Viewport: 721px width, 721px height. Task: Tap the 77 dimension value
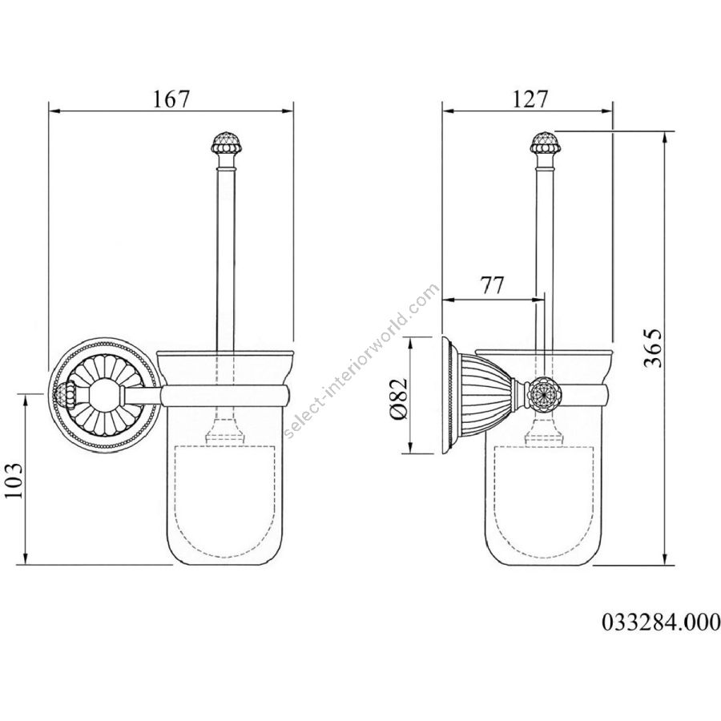click(493, 285)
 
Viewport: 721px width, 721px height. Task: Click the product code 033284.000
click(661, 622)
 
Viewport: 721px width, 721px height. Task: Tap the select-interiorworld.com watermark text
click(361, 361)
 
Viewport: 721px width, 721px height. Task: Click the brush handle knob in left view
click(224, 144)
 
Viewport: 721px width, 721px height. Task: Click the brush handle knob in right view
click(545, 144)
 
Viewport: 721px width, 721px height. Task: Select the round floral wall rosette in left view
click(104, 394)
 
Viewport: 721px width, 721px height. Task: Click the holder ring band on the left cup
click(225, 397)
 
